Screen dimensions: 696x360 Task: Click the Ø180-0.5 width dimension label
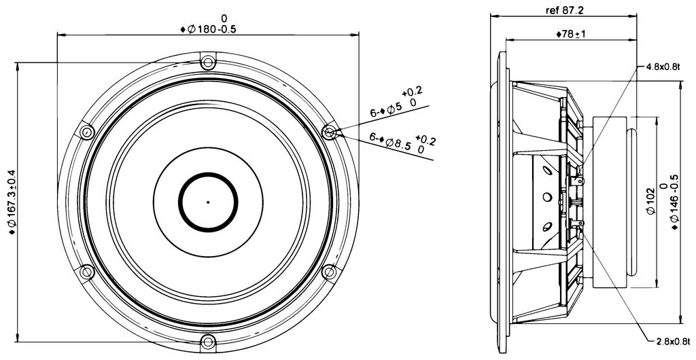click(x=208, y=24)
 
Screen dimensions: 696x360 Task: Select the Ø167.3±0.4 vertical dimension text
click(x=12, y=202)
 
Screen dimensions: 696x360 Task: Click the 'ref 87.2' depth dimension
click(x=565, y=10)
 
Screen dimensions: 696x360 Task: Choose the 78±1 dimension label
click(x=571, y=34)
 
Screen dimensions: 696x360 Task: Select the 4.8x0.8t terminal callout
click(x=663, y=67)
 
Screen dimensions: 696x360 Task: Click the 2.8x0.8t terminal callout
click(x=674, y=342)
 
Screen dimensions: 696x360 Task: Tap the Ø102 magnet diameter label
click(x=650, y=201)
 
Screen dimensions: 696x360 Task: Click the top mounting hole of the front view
click(x=208, y=62)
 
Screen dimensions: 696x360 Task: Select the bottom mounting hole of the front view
click(x=208, y=342)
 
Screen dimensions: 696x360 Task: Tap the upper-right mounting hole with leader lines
click(x=329, y=132)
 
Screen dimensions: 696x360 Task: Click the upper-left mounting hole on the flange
click(x=86, y=132)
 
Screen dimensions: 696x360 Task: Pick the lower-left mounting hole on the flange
click(x=86, y=272)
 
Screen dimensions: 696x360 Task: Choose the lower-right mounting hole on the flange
click(x=329, y=272)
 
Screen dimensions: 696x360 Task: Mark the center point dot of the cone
click(x=208, y=202)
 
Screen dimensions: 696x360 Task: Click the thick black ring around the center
click(x=208, y=174)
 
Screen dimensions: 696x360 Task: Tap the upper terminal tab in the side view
click(x=577, y=181)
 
